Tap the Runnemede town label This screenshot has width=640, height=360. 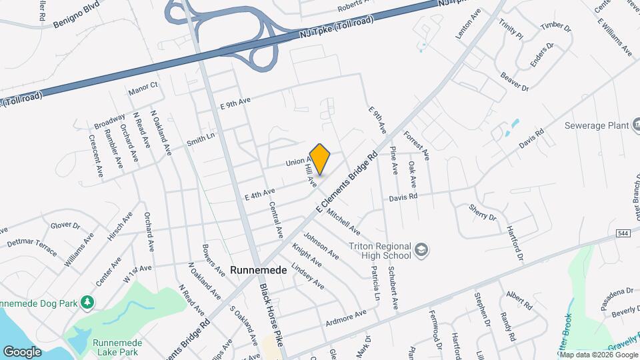pyautogui.click(x=258, y=270)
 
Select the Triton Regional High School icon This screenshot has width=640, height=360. pyautogui.click(x=421, y=251)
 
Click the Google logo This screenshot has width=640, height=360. pyautogui.click(x=22, y=351)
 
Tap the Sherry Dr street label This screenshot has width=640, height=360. pyautogui.click(x=483, y=213)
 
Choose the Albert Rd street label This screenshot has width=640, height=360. pyautogui.click(x=519, y=301)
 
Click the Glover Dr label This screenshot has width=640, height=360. pyautogui.click(x=65, y=227)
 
